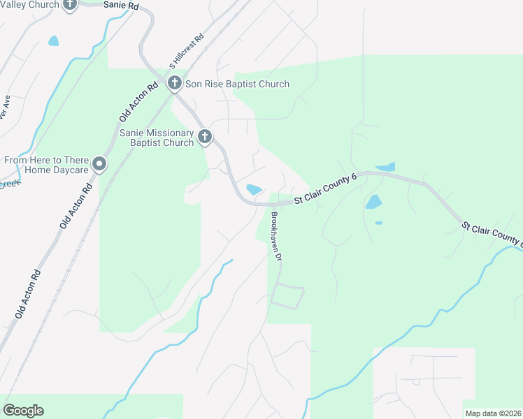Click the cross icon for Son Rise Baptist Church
pyautogui.click(x=175, y=84)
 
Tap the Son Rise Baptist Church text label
pyautogui.click(x=237, y=84)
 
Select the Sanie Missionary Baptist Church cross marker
pyautogui.click(x=204, y=137)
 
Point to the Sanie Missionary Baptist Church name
pyautogui.click(x=156, y=138)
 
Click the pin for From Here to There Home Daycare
pyautogui.click(x=99, y=165)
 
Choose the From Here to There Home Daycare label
pyautogui.click(x=48, y=165)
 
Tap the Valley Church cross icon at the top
pyautogui.click(x=70, y=4)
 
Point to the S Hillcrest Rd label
pyautogui.click(x=186, y=50)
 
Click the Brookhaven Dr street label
pyautogui.click(x=276, y=236)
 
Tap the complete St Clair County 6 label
pyautogui.click(x=325, y=190)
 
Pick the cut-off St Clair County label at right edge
pyautogui.click(x=492, y=234)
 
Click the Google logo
pyautogui.click(x=23, y=411)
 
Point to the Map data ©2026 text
pyautogui.click(x=493, y=413)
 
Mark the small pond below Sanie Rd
pyautogui.click(x=53, y=41)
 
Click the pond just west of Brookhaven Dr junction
pyautogui.click(x=254, y=189)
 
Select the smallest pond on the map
pyautogui.click(x=378, y=223)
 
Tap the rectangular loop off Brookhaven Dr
pyautogui.click(x=287, y=297)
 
